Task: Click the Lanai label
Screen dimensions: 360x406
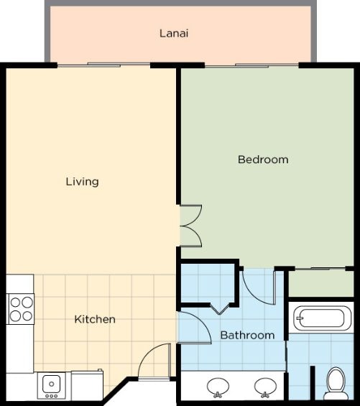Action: click(174, 33)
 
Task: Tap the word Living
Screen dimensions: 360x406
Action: click(82, 182)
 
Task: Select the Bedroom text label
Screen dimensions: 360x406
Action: click(263, 160)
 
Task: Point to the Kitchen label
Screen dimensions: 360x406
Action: click(95, 319)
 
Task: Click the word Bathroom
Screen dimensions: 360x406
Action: click(247, 336)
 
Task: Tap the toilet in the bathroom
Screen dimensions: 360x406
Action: click(336, 384)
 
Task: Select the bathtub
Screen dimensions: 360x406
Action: click(321, 318)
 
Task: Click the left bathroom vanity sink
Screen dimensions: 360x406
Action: click(218, 387)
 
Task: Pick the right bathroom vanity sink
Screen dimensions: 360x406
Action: click(265, 387)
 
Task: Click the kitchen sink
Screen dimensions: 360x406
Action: click(51, 386)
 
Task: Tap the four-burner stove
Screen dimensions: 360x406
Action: click(20, 309)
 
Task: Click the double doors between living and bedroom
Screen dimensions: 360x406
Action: click(191, 226)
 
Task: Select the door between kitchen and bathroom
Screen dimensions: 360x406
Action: click(194, 328)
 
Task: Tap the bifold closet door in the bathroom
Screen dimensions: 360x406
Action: click(219, 309)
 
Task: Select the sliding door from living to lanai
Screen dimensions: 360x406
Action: click(103, 65)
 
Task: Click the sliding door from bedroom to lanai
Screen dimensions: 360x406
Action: click(251, 65)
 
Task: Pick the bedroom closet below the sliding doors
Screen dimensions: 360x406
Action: click(321, 284)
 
